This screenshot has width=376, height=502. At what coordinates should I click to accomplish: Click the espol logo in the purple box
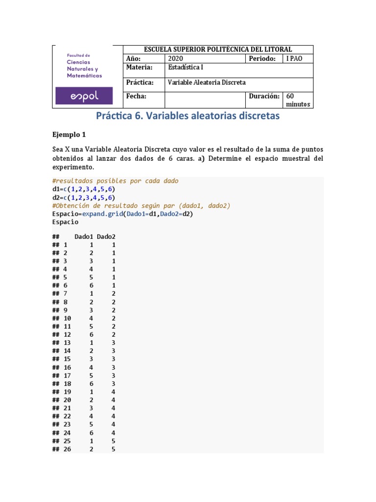coord(84,96)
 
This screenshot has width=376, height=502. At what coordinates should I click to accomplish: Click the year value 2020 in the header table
coord(175,58)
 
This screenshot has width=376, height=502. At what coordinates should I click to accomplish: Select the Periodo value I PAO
coord(294,58)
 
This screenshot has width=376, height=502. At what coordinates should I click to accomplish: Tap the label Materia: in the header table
coord(139,68)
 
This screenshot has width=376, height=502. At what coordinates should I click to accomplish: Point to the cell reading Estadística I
coord(186,68)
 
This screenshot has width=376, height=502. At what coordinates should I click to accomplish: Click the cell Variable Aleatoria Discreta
coord(207,82)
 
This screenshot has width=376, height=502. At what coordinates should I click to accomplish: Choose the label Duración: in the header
coord(264,96)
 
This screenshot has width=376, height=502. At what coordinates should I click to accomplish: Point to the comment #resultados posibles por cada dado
coord(115,180)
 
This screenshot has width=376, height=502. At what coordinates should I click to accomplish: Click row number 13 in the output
coord(67,343)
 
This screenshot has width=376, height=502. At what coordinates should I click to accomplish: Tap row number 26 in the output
coord(67,449)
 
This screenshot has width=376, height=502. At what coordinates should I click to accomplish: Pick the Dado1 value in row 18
coord(91,383)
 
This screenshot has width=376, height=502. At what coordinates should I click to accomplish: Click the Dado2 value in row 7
coord(114,294)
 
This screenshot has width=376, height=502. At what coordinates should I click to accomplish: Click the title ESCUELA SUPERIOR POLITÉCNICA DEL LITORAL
coord(217,49)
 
